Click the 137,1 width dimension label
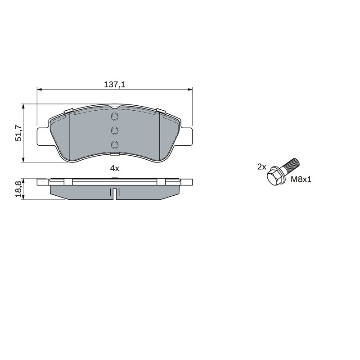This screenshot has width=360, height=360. pyautogui.click(x=115, y=84)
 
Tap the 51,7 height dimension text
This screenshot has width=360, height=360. pyautogui.click(x=19, y=134)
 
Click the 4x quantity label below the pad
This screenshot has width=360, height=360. pyautogui.click(x=115, y=168)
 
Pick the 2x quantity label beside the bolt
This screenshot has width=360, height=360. pyautogui.click(x=261, y=166)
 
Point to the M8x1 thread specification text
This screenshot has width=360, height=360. pyautogui.click(x=301, y=180)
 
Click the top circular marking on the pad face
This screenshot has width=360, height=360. pyautogui.click(x=114, y=117)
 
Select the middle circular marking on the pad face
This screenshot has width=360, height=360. pyautogui.click(x=114, y=131)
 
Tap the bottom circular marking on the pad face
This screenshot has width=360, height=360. pyautogui.click(x=114, y=144)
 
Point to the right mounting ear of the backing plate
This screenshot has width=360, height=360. pyautogui.click(x=187, y=135)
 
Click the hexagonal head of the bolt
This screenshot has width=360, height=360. pyautogui.click(x=274, y=176)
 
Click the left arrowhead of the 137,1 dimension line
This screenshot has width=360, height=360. pyautogui.click(x=39, y=90)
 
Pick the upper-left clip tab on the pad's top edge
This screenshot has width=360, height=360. pyautogui.click(x=69, y=111)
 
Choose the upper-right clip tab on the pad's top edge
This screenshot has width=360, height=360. pyautogui.click(x=160, y=111)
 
